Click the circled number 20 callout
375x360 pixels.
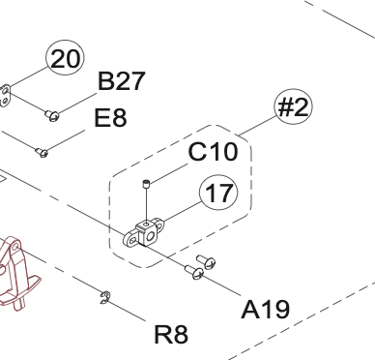point(66,58)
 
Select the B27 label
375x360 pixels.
point(121,81)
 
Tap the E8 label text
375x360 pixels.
point(110,117)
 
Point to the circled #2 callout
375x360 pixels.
point(294,106)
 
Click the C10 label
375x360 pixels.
point(213,151)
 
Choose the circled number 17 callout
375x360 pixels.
point(218,193)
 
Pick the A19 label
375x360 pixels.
point(266,310)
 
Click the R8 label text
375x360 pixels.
point(171,335)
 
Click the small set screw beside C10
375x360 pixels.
point(146,184)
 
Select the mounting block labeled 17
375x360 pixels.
point(143,232)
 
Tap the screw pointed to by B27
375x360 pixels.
point(52,115)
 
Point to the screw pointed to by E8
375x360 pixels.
point(42,152)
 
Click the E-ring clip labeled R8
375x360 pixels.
point(104,298)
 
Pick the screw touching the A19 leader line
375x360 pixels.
point(194,272)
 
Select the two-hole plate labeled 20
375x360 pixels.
point(5,96)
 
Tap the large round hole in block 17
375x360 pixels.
point(150,237)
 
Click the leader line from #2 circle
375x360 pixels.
point(258,125)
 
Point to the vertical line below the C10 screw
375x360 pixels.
point(147,204)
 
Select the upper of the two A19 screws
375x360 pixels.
point(206,261)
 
